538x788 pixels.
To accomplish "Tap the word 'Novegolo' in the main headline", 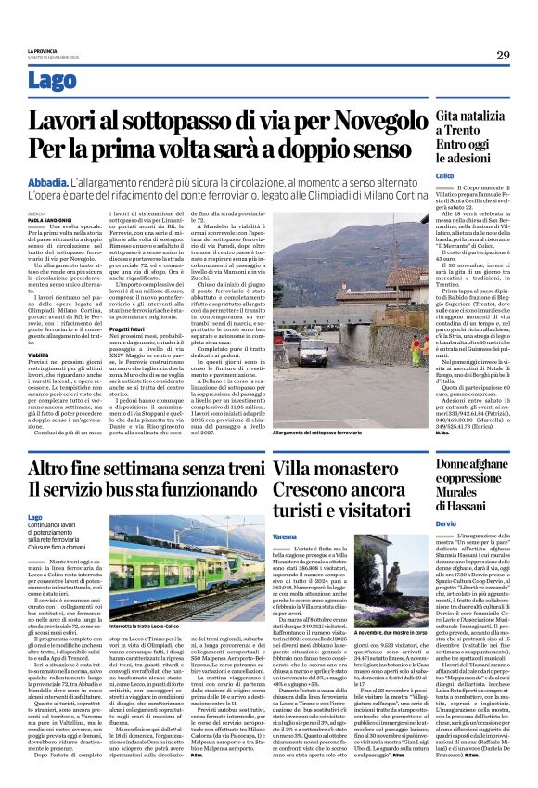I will click(328, 119).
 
